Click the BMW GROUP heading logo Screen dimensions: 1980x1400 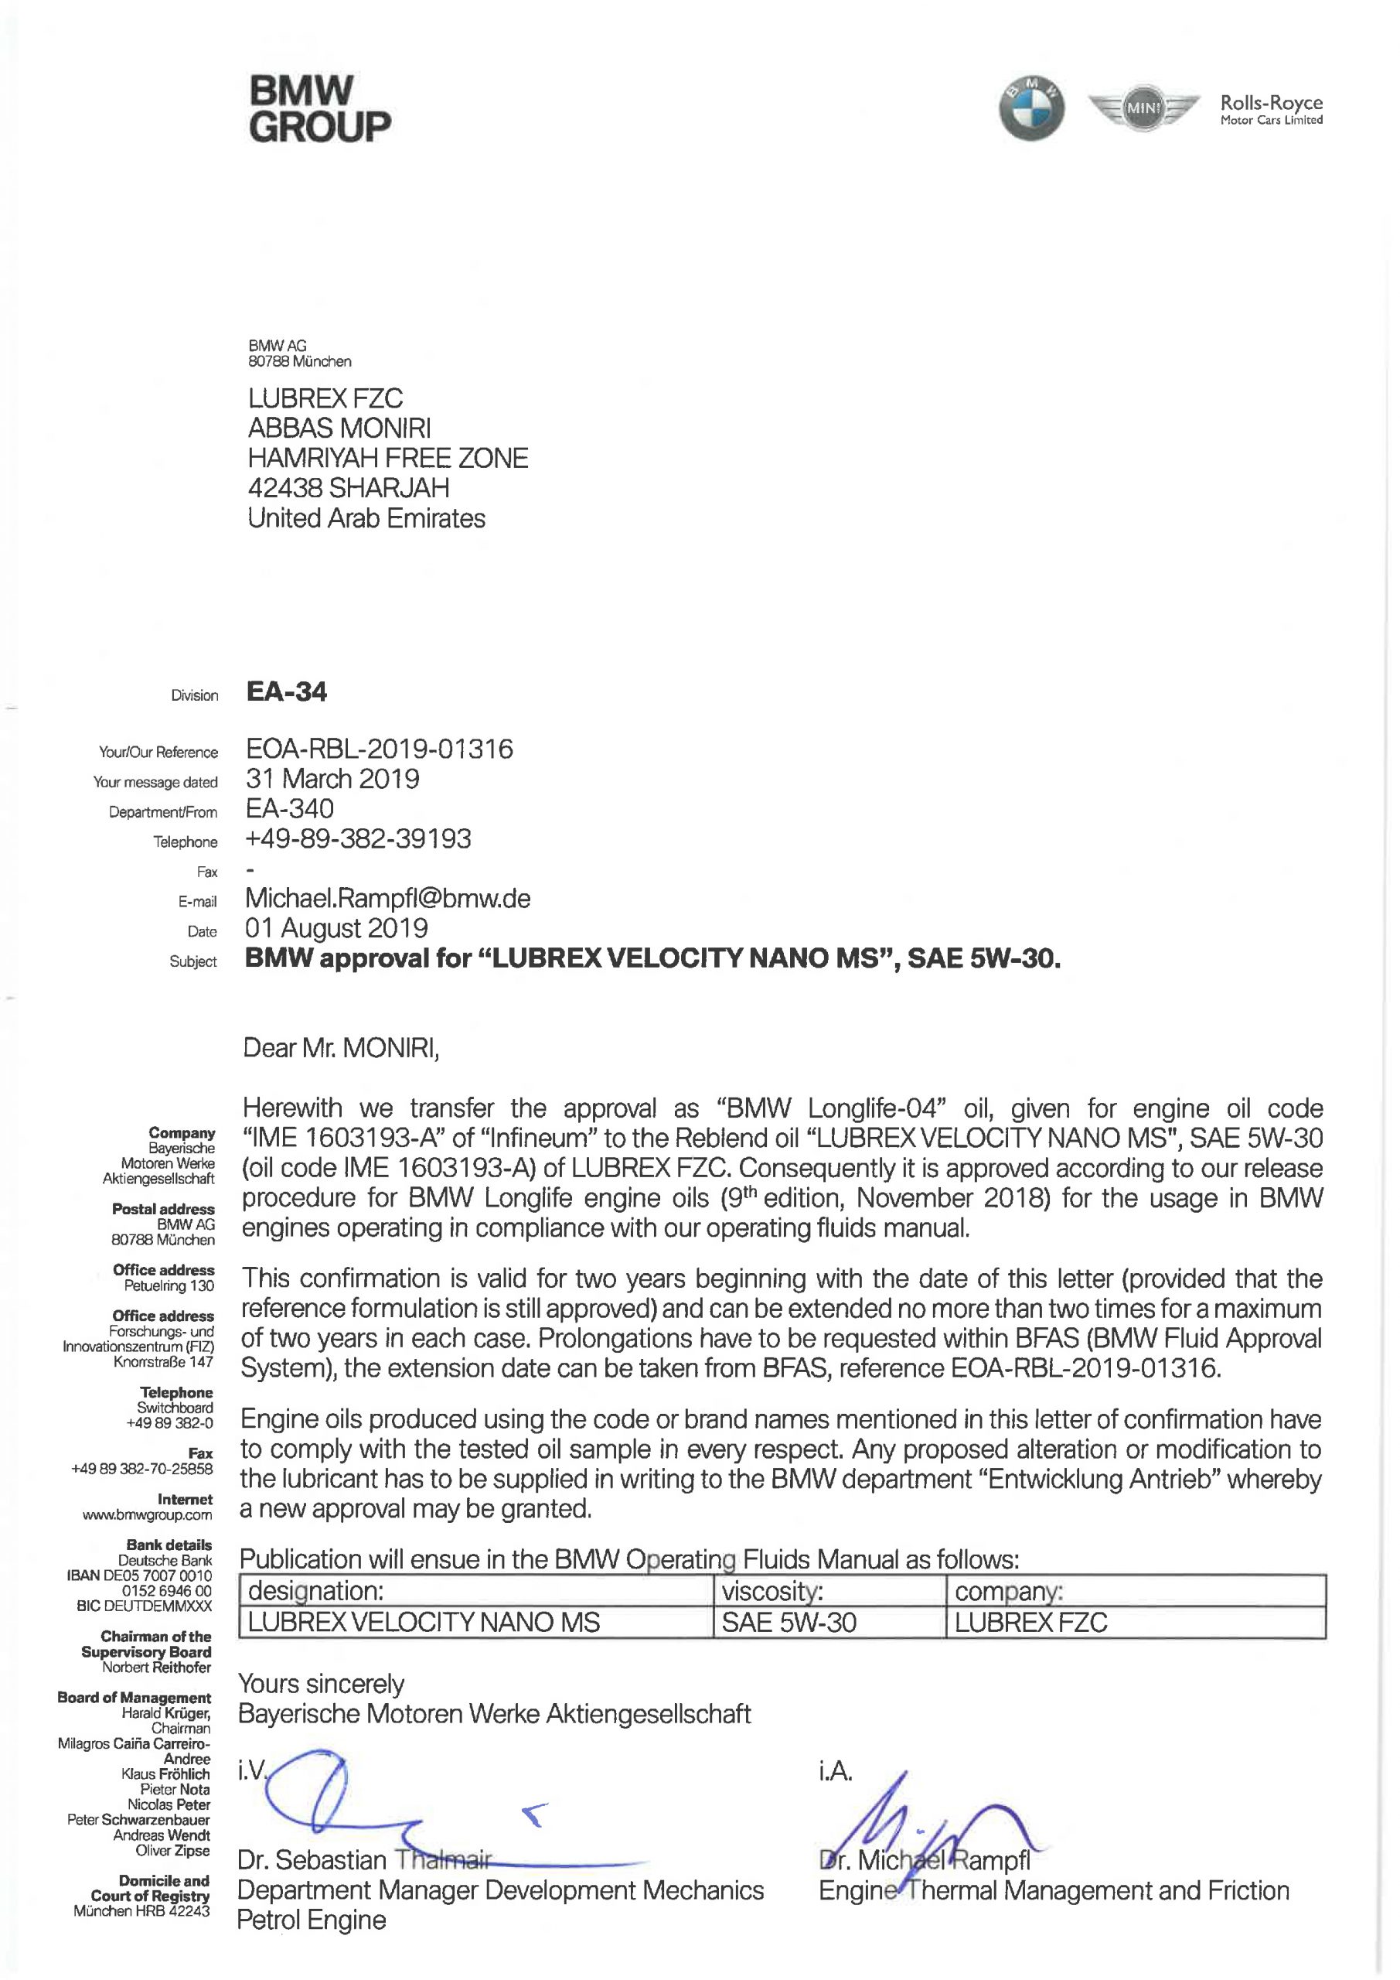(x=319, y=108)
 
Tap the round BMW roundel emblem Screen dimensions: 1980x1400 (x=1031, y=108)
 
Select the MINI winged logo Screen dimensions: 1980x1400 (x=1144, y=108)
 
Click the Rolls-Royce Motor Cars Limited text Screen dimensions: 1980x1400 (x=1271, y=110)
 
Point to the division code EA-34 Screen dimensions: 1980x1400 (x=286, y=692)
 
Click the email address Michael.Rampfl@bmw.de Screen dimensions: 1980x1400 (x=388, y=898)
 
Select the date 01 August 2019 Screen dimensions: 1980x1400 (x=336, y=928)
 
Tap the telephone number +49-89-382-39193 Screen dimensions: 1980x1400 (x=359, y=838)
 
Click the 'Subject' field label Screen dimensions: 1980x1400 (x=193, y=961)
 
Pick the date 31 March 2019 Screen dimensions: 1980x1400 (x=332, y=779)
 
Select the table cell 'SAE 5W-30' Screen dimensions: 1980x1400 (x=789, y=1623)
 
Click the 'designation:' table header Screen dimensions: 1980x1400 (x=315, y=1591)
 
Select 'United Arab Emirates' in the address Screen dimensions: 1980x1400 (x=366, y=518)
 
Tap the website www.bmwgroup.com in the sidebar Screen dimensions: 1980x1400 (x=148, y=1514)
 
